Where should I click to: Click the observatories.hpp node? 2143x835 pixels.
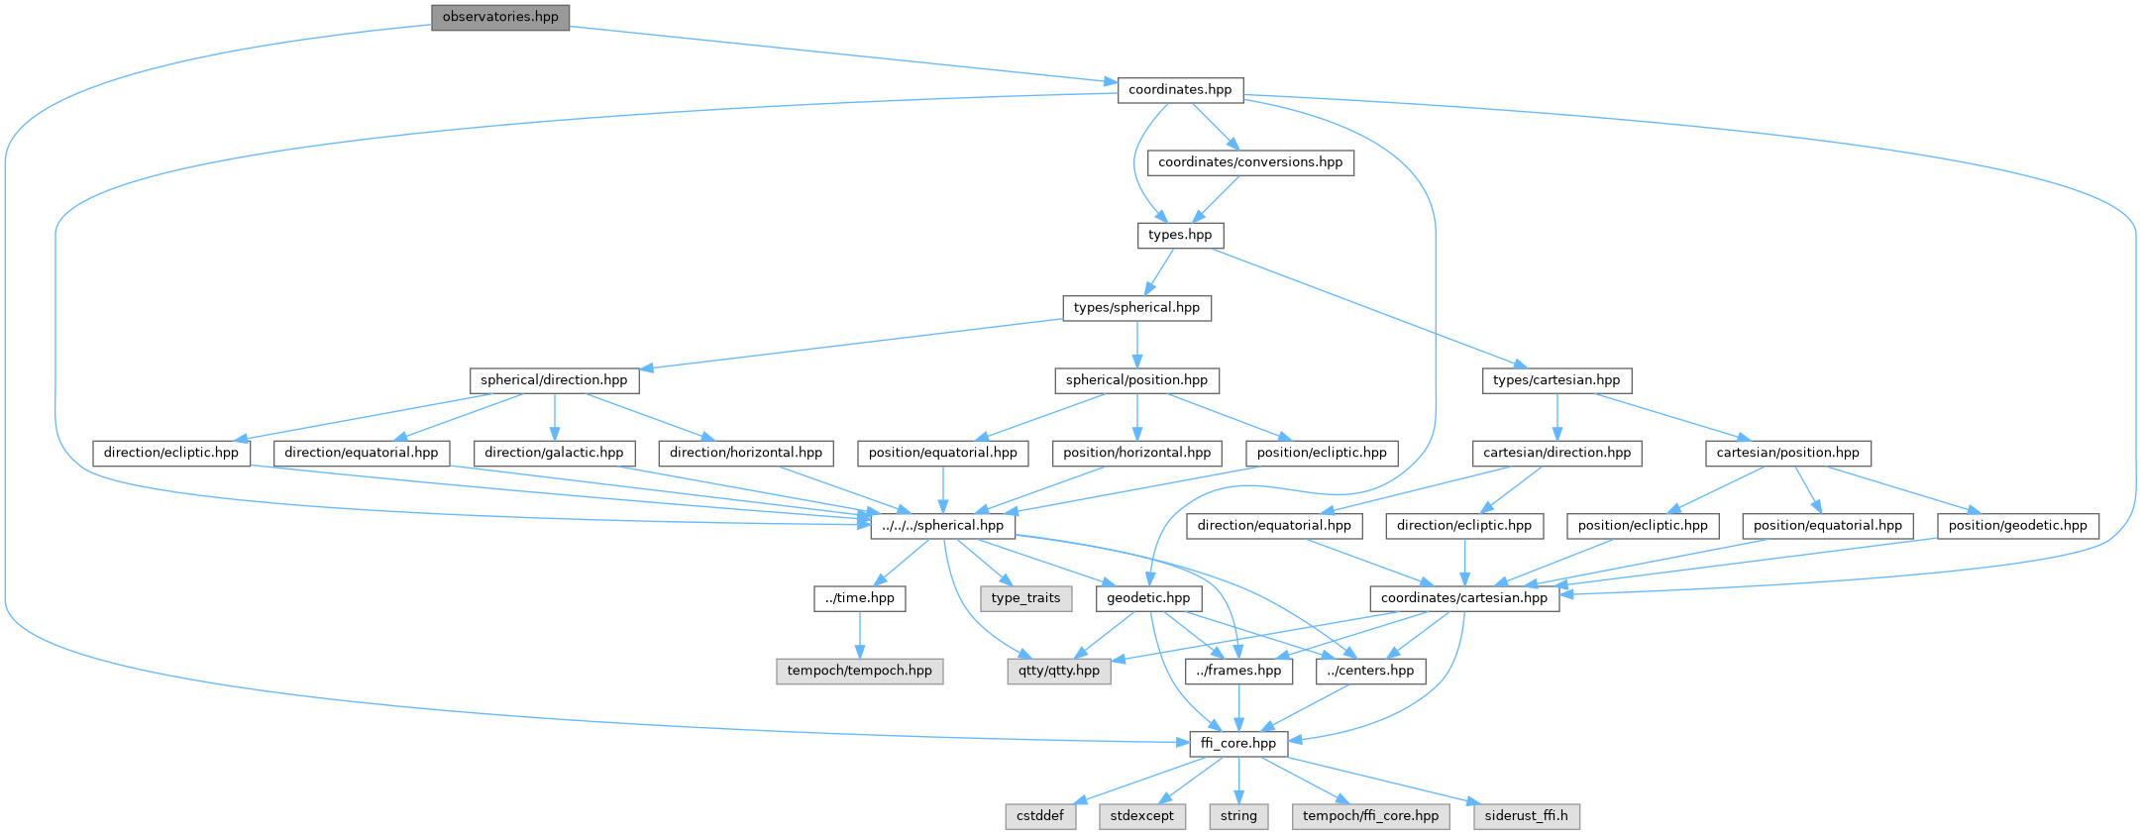(x=500, y=17)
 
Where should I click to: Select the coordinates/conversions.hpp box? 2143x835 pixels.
(x=1250, y=162)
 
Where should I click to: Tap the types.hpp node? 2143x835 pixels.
(x=1180, y=236)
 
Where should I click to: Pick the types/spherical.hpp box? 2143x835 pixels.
(x=1136, y=308)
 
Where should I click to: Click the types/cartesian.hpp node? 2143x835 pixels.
(x=1556, y=380)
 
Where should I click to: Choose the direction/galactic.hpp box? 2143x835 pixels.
(x=554, y=453)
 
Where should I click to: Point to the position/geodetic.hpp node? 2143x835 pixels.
(x=2017, y=526)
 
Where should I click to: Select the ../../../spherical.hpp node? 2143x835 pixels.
(x=942, y=526)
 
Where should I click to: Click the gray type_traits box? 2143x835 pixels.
(x=1025, y=598)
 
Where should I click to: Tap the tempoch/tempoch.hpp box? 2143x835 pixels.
(x=859, y=671)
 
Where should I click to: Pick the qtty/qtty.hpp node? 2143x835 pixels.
(x=1059, y=671)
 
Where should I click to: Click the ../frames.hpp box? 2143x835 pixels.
(x=1238, y=671)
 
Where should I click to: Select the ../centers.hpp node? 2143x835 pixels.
(x=1371, y=671)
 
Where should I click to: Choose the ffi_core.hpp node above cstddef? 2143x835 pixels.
(x=1238, y=744)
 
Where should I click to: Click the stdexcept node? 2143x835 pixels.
(x=1142, y=816)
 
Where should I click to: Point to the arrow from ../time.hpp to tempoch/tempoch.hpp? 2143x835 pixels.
(x=859, y=634)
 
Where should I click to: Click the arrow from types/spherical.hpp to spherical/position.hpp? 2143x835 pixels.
(x=1136, y=344)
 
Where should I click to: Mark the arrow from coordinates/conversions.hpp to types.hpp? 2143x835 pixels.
(x=1215, y=199)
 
